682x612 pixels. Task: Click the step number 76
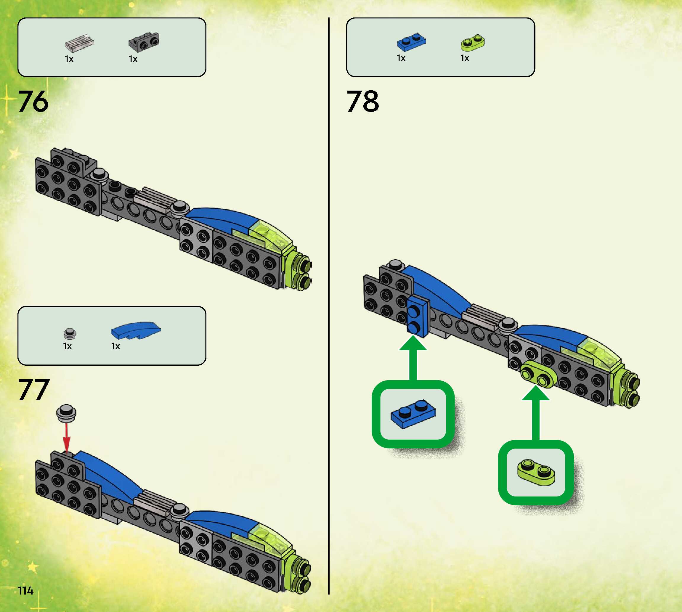tap(33, 101)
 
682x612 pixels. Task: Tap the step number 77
tap(34, 390)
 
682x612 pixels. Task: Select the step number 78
tap(362, 101)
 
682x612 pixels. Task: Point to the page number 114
tap(25, 590)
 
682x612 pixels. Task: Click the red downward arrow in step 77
tap(67, 437)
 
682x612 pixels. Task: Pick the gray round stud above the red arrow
tap(67, 413)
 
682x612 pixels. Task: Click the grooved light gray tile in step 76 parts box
tap(79, 43)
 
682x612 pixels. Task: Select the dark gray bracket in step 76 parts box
tap(144, 42)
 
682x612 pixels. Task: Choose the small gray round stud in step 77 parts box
tap(70, 334)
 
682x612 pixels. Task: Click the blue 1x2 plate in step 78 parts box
tap(411, 42)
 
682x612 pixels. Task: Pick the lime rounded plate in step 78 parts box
tap(473, 43)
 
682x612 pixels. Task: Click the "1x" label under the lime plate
tap(465, 59)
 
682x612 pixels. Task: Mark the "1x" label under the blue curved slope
tap(116, 346)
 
